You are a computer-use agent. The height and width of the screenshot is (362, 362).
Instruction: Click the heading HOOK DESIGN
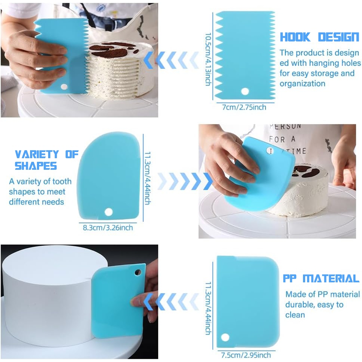[320, 37]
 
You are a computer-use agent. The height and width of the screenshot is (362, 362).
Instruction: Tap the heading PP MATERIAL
[321, 278]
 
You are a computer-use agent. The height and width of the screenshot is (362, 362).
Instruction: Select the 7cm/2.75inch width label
[244, 108]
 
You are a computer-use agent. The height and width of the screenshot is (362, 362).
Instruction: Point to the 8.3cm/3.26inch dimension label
[108, 228]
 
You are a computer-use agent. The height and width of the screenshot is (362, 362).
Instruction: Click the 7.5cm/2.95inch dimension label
[246, 355]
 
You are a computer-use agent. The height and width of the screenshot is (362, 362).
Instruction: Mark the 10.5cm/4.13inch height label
[208, 59]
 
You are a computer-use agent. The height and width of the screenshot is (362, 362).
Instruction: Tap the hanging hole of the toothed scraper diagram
[245, 91]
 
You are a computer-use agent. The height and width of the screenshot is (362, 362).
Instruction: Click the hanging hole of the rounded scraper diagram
[109, 212]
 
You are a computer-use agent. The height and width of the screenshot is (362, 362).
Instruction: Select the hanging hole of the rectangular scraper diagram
[225, 337]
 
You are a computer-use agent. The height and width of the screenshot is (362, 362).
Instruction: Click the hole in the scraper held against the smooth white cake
[138, 272]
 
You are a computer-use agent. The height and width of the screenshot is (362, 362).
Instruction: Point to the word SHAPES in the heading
[36, 166]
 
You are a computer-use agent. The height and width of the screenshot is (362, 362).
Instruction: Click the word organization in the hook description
[302, 84]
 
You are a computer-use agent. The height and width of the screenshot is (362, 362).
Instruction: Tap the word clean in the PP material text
[295, 315]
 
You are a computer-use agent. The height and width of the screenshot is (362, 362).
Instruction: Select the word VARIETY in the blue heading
[37, 154]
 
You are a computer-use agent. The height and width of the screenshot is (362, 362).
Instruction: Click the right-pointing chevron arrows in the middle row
[185, 181]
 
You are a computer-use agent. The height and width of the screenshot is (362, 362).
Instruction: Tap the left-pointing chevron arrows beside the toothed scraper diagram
[171, 60]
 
